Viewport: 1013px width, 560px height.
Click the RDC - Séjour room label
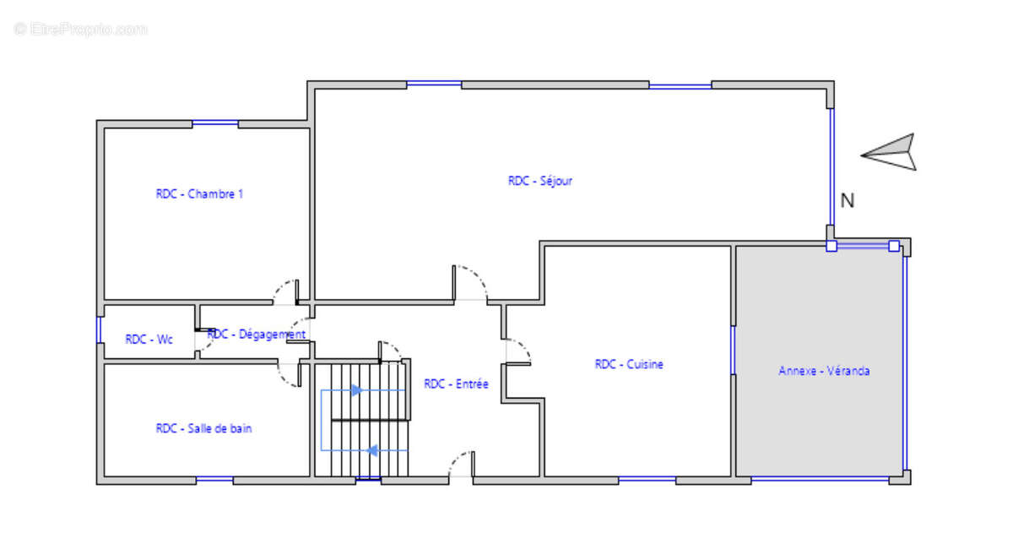(x=540, y=181)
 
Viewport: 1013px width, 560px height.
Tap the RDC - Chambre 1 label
(x=199, y=194)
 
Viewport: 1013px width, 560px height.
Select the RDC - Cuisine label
(x=629, y=364)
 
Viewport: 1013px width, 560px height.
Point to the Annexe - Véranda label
(x=824, y=371)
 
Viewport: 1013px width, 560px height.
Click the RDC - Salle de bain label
(x=203, y=428)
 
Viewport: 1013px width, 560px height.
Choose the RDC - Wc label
(x=149, y=340)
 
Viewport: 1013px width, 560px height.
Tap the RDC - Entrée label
(x=456, y=384)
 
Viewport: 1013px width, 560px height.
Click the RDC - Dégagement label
(x=257, y=334)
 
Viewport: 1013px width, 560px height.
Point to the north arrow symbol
(x=889, y=152)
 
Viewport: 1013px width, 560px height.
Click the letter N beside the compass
(x=847, y=200)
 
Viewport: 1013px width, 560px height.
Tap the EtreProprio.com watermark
(x=80, y=29)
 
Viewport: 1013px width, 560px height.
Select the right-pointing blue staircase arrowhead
(x=357, y=390)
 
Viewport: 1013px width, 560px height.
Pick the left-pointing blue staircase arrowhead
(x=371, y=450)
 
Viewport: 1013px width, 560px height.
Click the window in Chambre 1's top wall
(x=215, y=123)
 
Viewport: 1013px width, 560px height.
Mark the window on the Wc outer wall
(x=99, y=329)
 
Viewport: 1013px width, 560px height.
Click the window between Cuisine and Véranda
(x=733, y=351)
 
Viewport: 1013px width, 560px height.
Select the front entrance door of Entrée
(x=461, y=464)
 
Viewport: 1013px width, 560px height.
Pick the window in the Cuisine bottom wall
(x=647, y=479)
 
